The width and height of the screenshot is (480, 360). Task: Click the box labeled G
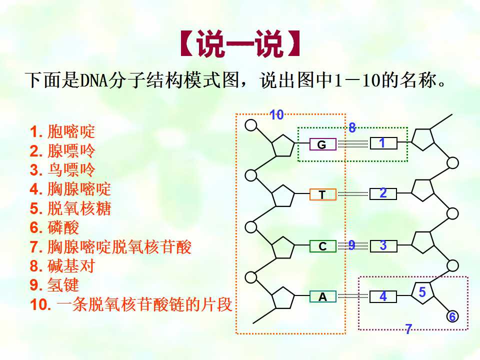[x=323, y=144]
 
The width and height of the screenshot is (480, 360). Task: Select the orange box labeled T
[x=323, y=194]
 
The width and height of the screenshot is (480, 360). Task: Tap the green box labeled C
[x=323, y=246]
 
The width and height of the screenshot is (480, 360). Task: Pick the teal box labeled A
[x=323, y=296]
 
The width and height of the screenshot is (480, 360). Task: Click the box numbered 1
[x=383, y=143]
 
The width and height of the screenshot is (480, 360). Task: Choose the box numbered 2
[x=383, y=194]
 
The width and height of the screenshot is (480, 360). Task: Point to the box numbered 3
[x=383, y=246]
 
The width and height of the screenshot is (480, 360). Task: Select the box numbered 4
[x=383, y=296]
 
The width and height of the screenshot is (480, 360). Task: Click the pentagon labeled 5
[x=423, y=292]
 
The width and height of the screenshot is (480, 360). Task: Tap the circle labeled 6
[x=452, y=316]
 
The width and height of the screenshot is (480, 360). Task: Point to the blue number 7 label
[x=408, y=329]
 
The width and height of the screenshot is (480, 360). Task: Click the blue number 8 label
[x=352, y=127]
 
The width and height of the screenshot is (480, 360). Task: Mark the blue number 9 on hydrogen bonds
[x=351, y=245]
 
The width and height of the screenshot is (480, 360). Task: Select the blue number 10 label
[x=276, y=115]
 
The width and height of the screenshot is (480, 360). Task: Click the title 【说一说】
[x=240, y=43]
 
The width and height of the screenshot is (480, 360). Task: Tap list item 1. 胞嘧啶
[x=62, y=131]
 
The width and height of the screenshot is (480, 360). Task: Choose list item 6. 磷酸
[x=54, y=227]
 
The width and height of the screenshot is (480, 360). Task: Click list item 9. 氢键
[x=54, y=285]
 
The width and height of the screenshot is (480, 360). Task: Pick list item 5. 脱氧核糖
[x=70, y=208]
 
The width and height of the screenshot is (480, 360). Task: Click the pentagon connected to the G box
[x=283, y=145]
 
